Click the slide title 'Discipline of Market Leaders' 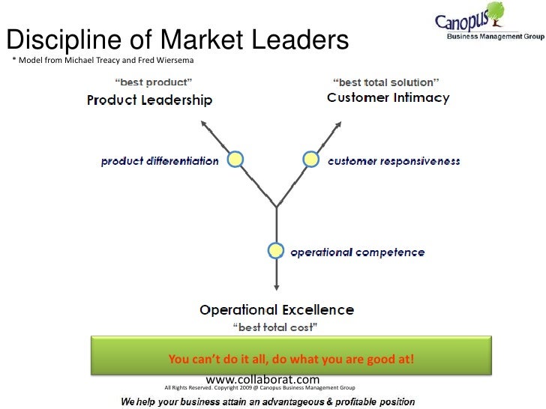click(178, 40)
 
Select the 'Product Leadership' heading click(150, 100)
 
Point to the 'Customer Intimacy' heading click(388, 97)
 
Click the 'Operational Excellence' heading click(277, 309)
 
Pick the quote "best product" click(153, 82)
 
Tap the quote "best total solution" click(385, 81)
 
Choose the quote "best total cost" click(277, 327)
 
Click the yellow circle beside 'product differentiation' click(235, 159)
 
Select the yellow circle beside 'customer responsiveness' click(310, 159)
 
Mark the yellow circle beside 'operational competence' click(276, 251)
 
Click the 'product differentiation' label click(160, 160)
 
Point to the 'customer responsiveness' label click(394, 160)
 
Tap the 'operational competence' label click(357, 252)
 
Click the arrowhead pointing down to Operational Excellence click(277, 288)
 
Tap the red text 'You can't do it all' click(291, 360)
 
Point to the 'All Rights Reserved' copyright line click(259, 388)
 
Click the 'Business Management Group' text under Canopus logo click(494, 37)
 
